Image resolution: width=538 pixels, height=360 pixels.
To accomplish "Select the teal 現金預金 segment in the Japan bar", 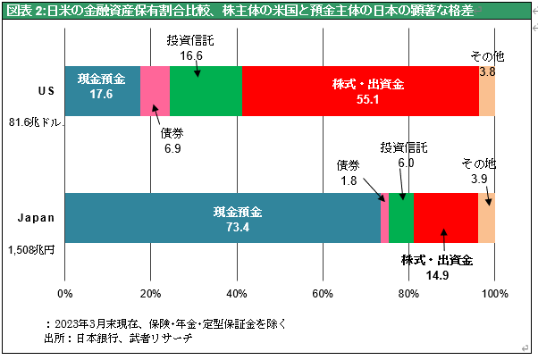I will (223, 218).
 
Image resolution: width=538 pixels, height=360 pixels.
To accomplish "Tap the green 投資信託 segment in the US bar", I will (206, 91).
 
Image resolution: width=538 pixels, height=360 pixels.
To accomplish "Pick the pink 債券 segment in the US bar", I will (155, 91).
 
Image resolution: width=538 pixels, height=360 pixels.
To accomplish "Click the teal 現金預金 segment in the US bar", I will (102, 91).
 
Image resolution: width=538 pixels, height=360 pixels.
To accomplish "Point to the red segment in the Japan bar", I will (445, 218).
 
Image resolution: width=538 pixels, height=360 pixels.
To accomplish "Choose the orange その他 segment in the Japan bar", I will (486, 218).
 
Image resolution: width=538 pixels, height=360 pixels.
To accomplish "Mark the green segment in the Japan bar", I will (400, 218).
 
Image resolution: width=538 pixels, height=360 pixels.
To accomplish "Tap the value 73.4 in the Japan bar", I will (237, 226).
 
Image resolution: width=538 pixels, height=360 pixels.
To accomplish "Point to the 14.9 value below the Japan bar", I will (437, 275).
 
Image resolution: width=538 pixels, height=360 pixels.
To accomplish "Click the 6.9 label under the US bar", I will (172, 147).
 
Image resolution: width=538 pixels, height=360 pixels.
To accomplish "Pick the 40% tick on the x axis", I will (237, 292).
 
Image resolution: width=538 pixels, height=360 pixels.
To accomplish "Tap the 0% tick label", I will (64, 292).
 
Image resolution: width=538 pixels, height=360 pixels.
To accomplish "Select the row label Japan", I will (38, 217).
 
